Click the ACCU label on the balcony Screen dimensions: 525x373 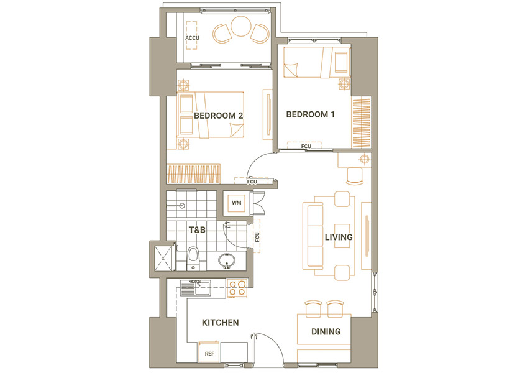pyautogui.click(x=192, y=38)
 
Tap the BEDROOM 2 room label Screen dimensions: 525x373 pyautogui.click(x=218, y=116)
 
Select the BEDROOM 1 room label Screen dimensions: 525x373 pyautogui.click(x=311, y=114)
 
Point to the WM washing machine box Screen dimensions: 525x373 pyautogui.click(x=236, y=203)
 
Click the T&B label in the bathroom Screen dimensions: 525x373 pyautogui.click(x=197, y=230)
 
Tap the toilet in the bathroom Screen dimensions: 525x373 pyautogui.click(x=193, y=259)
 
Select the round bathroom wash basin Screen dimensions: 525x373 pyautogui.click(x=227, y=260)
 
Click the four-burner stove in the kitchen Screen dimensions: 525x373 pyautogui.click(x=237, y=288)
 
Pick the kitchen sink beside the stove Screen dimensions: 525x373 pyautogui.click(x=196, y=288)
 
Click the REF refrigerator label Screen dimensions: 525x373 pyautogui.click(x=209, y=354)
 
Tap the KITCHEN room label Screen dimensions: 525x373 pyautogui.click(x=221, y=323)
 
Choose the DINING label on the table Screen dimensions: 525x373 pyautogui.click(x=326, y=332)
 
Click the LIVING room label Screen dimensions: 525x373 pyautogui.click(x=339, y=237)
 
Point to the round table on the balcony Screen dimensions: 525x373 pyautogui.click(x=240, y=26)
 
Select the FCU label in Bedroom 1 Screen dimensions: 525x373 pyautogui.click(x=306, y=147)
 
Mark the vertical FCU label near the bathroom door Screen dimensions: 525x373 pyautogui.click(x=257, y=237)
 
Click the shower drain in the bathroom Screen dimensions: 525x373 pyautogui.click(x=182, y=205)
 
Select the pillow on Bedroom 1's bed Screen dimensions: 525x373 pyautogui.click(x=341, y=62)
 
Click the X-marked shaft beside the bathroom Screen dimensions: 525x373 pyautogui.click(x=163, y=259)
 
